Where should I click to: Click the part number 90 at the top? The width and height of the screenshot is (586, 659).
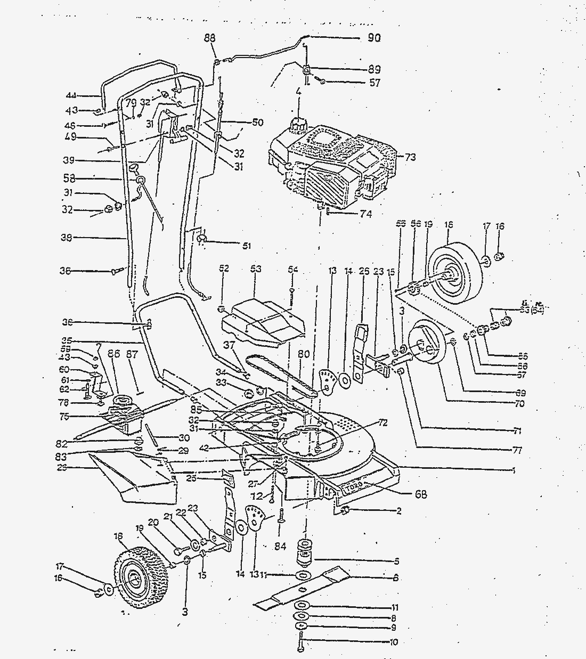click(373, 38)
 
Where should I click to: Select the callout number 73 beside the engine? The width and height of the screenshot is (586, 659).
click(410, 157)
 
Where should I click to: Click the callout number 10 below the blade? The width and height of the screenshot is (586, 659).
click(394, 642)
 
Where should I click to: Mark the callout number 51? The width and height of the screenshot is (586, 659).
click(246, 246)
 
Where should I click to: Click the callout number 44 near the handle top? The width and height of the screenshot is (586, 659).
click(71, 95)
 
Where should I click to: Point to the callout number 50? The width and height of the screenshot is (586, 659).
click(257, 123)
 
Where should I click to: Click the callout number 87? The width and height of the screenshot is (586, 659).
click(132, 354)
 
